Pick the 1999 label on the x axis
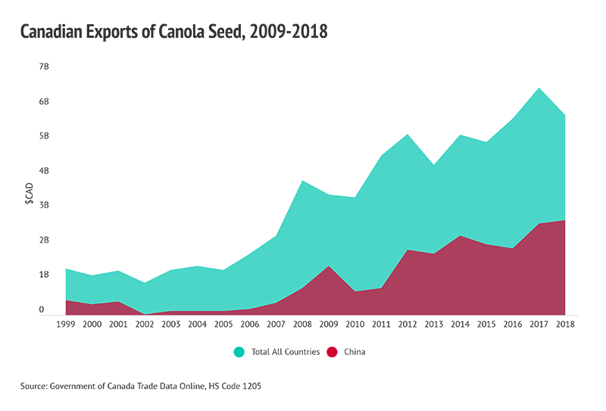[66, 324]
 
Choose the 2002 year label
[144, 324]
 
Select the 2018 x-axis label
[565, 324]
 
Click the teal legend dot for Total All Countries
[239, 352]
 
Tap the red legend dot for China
[331, 352]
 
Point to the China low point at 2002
[144, 313]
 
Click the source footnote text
[141, 386]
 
